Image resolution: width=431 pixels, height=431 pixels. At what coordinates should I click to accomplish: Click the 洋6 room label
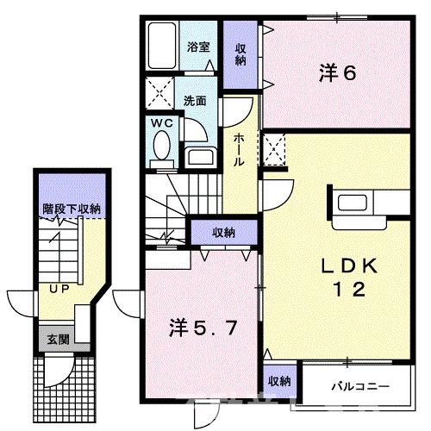pyautogui.click(x=337, y=73)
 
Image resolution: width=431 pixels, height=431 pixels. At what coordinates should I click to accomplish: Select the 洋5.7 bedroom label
pyautogui.click(x=198, y=328)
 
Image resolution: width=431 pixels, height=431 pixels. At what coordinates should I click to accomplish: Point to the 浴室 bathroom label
pyautogui.click(x=199, y=47)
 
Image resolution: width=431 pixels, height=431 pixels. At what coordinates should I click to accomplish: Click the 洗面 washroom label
pyautogui.click(x=196, y=100)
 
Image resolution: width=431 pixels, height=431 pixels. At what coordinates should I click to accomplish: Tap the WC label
pyautogui.click(x=162, y=123)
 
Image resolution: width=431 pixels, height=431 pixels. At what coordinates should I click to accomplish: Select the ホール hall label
pyautogui.click(x=240, y=148)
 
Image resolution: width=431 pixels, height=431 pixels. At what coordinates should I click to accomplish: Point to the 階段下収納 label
pyautogui.click(x=72, y=208)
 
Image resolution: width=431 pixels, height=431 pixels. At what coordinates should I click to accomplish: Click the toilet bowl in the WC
pyautogui.click(x=160, y=150)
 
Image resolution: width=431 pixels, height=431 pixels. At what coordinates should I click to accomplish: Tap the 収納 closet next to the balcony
pyautogui.click(x=278, y=380)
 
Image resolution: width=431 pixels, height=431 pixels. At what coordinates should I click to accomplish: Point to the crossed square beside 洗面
pyautogui.click(x=160, y=91)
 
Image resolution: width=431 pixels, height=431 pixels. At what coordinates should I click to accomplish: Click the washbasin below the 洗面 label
pyautogui.click(x=199, y=157)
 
